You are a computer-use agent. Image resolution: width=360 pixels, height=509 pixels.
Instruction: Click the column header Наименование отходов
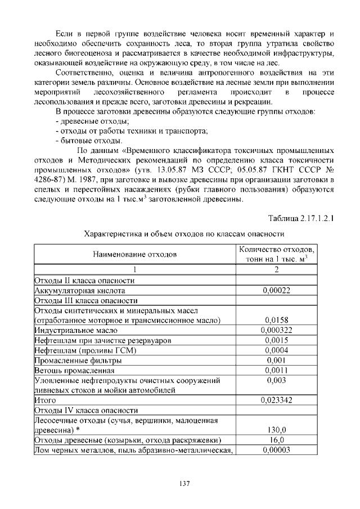click(x=135, y=254)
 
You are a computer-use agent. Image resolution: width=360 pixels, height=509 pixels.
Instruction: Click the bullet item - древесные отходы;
click(x=93, y=121)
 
